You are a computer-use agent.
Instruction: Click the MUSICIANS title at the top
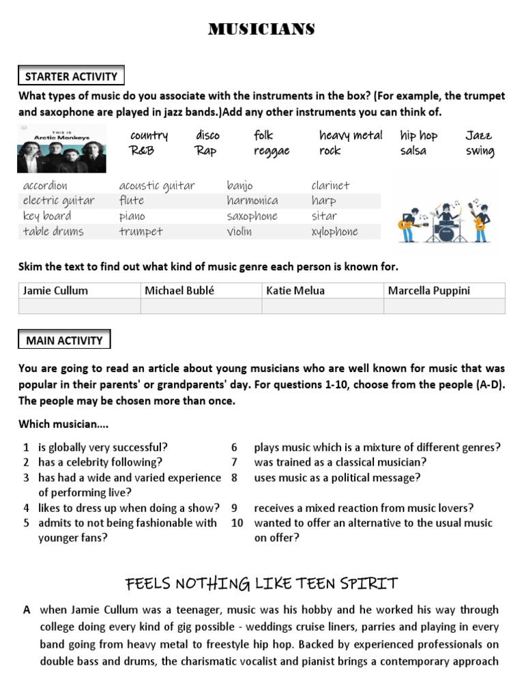(x=262, y=29)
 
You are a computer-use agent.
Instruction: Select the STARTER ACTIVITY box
(x=71, y=76)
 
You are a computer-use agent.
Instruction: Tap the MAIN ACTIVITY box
(x=64, y=340)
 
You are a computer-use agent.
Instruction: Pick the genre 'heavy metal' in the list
(x=351, y=135)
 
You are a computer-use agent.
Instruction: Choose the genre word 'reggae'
(x=272, y=151)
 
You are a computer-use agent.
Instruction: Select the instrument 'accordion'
(x=45, y=186)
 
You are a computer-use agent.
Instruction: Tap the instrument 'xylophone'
(x=334, y=231)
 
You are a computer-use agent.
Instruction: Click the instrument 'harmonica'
(x=252, y=201)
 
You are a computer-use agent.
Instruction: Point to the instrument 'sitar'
(x=324, y=216)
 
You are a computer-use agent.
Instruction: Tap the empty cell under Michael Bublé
(x=201, y=306)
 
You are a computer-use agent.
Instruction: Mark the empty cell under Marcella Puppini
(x=444, y=306)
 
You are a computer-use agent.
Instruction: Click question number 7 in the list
(x=234, y=463)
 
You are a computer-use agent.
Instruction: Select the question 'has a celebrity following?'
(x=100, y=463)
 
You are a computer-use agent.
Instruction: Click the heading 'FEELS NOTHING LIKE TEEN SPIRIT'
(x=261, y=584)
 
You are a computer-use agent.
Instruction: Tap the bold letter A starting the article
(x=27, y=610)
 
